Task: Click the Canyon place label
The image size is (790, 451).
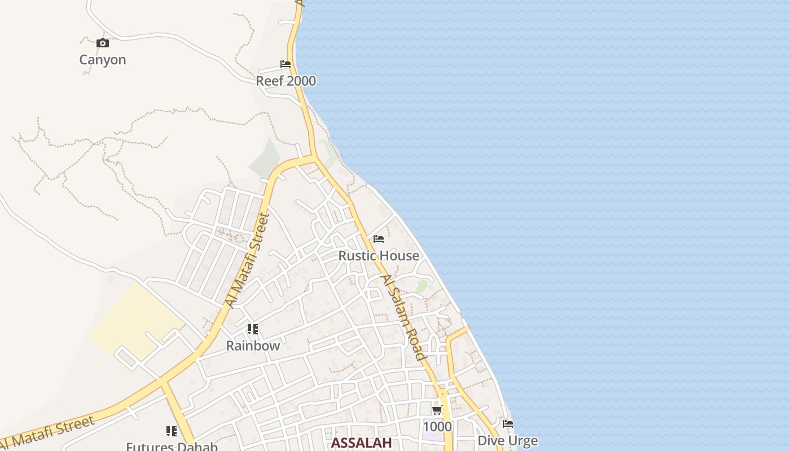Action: tap(102, 60)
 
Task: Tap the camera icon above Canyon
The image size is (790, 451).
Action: tap(102, 43)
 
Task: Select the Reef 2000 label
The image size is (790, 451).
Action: tap(286, 81)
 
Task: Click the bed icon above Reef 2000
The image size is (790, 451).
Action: tap(286, 64)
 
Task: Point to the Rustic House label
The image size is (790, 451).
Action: tap(379, 255)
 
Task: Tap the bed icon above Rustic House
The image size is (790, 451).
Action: tap(379, 239)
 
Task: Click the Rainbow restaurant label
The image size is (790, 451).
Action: tap(253, 346)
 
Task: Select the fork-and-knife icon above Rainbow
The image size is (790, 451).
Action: tap(253, 329)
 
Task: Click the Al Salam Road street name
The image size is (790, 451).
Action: tap(402, 317)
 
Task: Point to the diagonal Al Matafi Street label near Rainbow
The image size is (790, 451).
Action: tap(247, 260)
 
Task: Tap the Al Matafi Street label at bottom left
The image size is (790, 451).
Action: tap(47, 434)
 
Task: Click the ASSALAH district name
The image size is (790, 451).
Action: tap(361, 443)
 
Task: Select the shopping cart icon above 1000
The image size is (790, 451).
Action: tap(437, 410)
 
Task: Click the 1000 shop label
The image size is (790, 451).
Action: tap(437, 426)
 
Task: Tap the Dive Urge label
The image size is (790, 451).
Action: tap(507, 440)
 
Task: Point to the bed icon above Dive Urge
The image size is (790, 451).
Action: tap(508, 423)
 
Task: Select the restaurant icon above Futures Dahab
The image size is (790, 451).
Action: tap(172, 431)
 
